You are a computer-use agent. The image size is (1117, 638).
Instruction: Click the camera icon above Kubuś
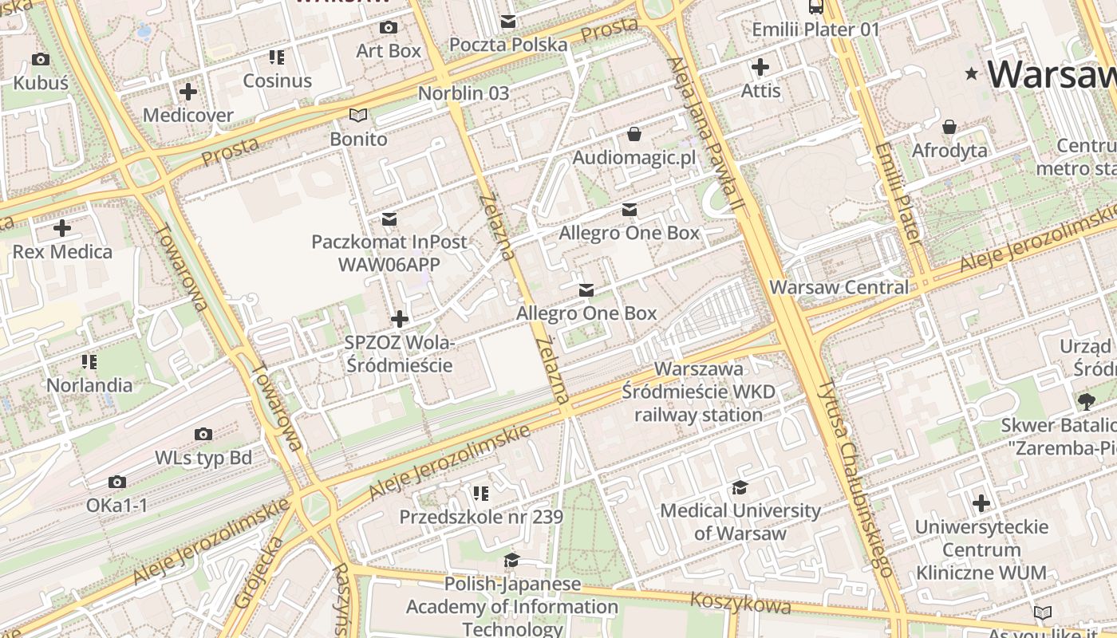pos(40,59)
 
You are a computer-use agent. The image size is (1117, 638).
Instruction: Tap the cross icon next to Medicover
pos(188,92)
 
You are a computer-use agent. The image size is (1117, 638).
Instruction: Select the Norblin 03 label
pos(464,93)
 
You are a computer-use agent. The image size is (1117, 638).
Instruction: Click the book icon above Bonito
pos(359,116)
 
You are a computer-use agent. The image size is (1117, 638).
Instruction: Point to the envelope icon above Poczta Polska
pos(508,22)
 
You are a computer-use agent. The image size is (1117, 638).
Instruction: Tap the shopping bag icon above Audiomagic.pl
pos(634,134)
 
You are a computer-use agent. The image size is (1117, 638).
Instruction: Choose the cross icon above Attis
pos(760,67)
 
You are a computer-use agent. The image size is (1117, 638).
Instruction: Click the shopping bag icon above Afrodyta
pos(949,127)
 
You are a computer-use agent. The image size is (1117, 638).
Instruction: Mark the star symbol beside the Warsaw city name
pos(972,74)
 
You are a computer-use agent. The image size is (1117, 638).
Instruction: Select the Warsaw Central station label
pos(839,287)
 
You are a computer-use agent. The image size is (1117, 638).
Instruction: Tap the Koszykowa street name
pos(740,603)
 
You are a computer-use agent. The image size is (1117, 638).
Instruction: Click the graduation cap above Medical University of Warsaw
pos(740,487)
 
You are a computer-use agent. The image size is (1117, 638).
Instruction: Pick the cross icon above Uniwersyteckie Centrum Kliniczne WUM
pos(981,503)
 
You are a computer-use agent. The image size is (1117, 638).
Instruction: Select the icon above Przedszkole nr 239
pos(480,494)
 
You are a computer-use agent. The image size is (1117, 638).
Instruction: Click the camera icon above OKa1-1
pos(117,482)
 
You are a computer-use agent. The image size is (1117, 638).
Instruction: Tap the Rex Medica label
pos(62,252)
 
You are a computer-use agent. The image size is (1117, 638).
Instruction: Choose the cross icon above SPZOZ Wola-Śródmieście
pos(399,320)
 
